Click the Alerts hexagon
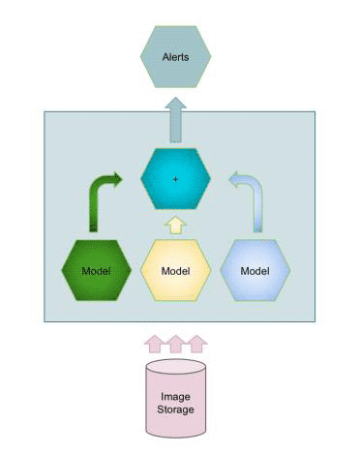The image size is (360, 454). [175, 57]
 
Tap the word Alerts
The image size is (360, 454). [175, 57]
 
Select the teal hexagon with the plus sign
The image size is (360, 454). [175, 178]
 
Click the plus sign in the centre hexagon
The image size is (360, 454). [175, 179]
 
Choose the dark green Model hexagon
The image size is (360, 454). [95, 269]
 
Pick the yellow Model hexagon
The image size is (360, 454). [175, 269]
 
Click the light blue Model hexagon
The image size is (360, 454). [255, 269]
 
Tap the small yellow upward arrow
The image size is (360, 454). [175, 226]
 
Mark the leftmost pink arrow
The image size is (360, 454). [154, 343]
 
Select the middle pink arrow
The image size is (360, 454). [175, 343]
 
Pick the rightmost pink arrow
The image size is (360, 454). [196, 343]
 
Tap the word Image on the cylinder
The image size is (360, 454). [175, 397]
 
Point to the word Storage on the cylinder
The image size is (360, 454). [175, 410]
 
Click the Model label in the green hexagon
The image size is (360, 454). [95, 270]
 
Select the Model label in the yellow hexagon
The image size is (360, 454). [175, 270]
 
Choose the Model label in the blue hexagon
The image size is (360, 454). [255, 270]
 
